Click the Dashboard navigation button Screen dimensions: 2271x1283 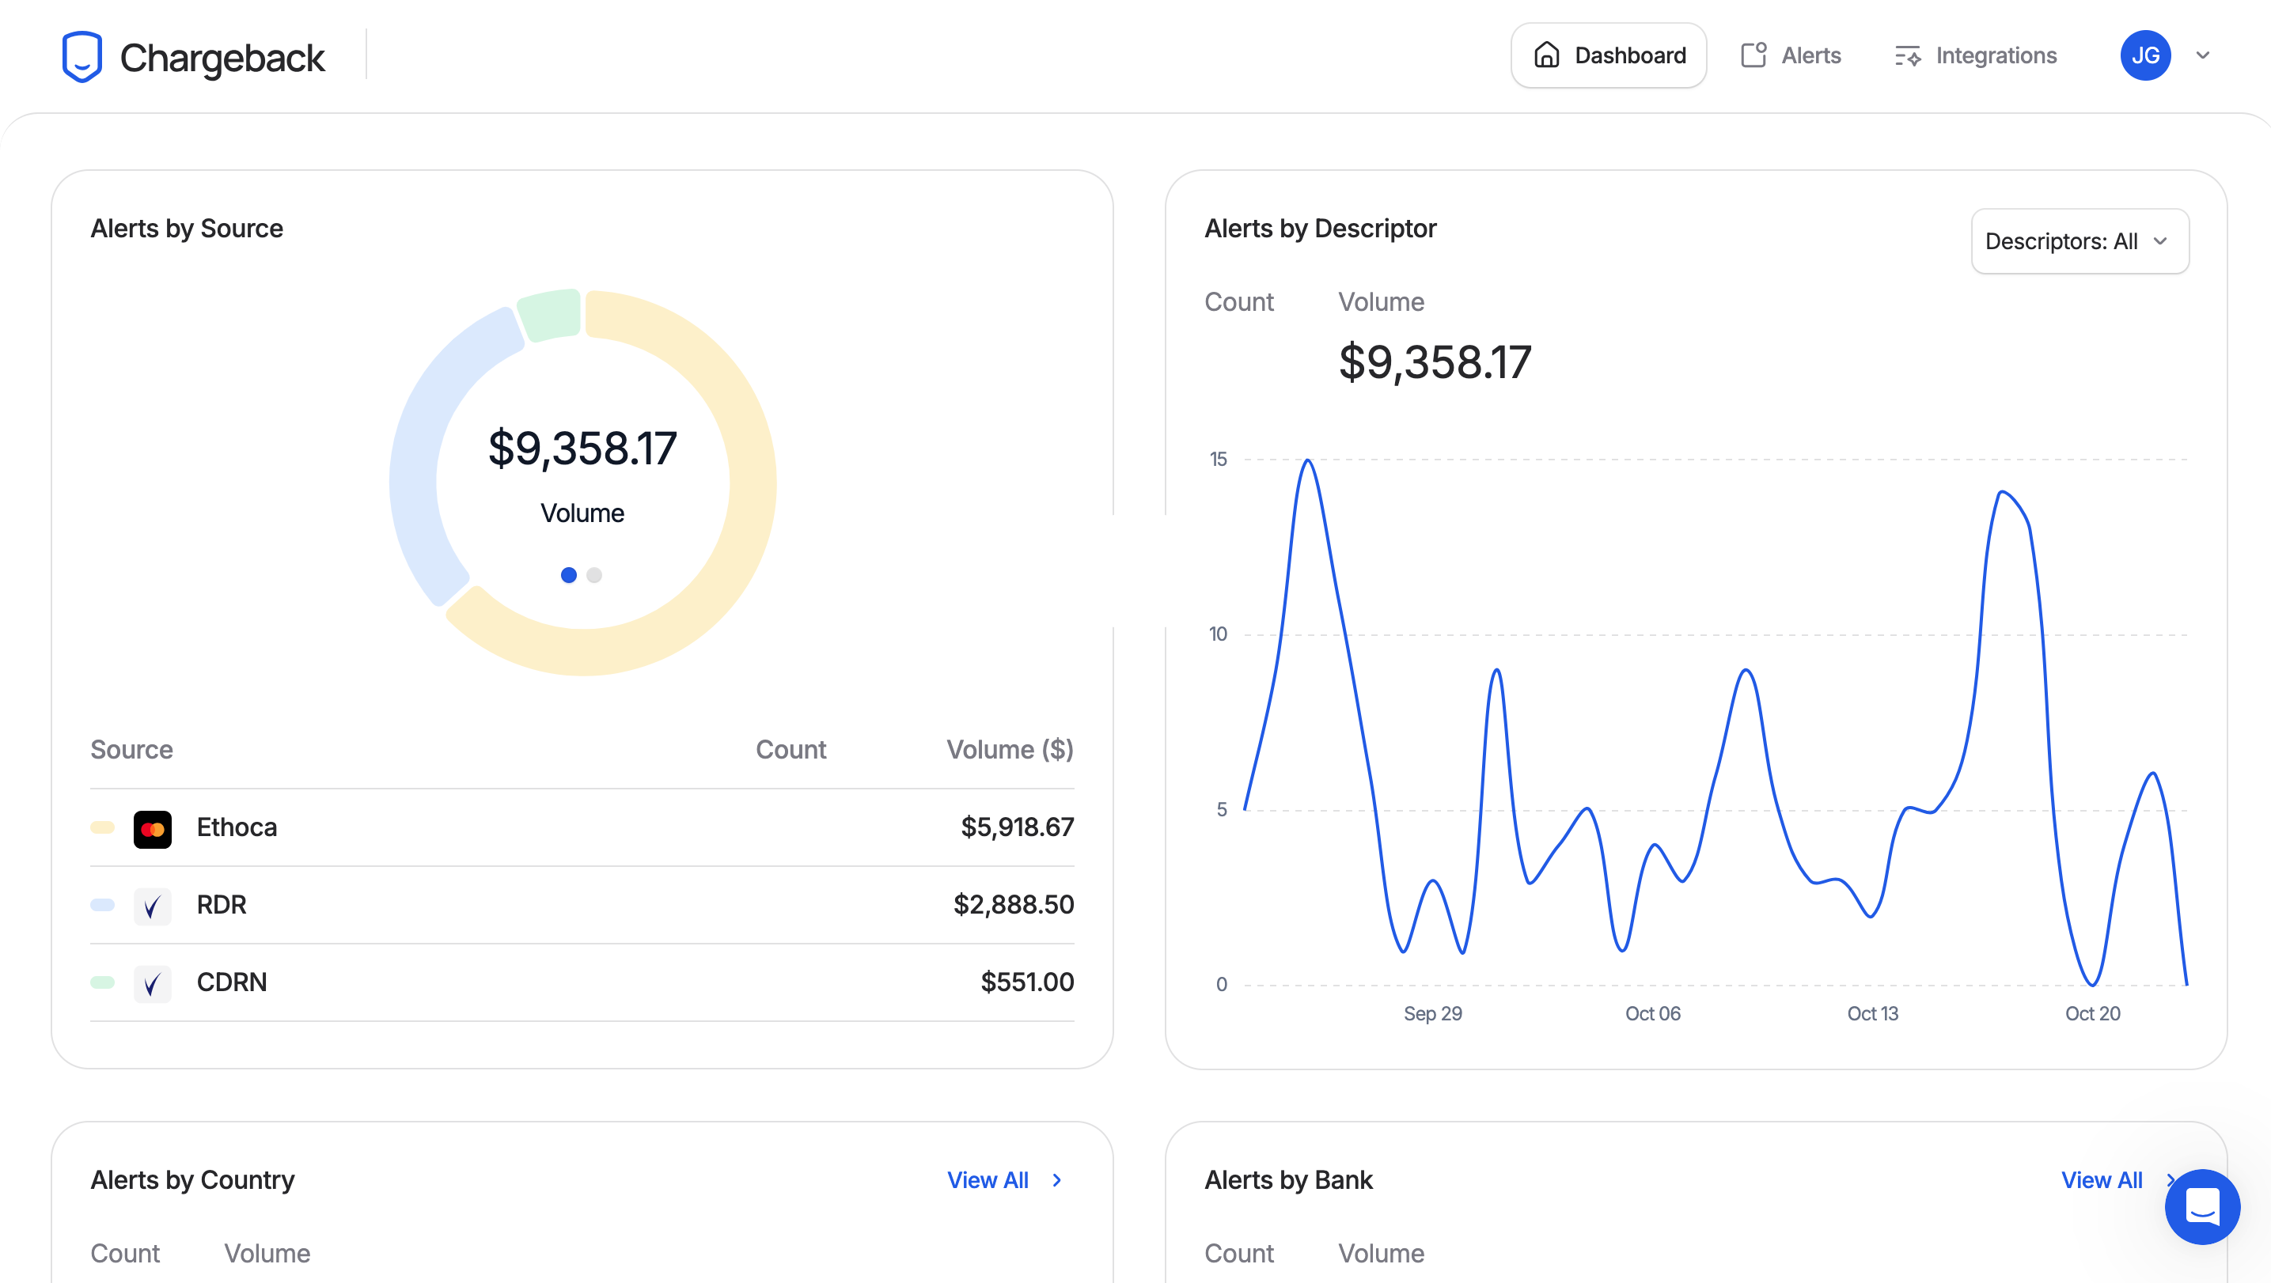(1608, 55)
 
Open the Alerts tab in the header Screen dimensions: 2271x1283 (1791, 55)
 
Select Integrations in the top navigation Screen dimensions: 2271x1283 (1975, 55)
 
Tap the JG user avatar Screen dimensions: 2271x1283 (2145, 55)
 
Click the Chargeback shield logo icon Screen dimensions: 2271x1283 (82, 57)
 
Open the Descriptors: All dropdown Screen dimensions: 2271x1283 (2080, 241)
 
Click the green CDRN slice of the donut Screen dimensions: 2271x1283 (549, 315)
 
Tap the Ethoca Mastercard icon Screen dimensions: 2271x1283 (153, 828)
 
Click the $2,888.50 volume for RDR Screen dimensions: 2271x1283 (1013, 905)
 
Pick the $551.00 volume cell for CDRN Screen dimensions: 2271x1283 (1027, 982)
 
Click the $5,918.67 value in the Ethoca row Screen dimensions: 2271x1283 (1017, 827)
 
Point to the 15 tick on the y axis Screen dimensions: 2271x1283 (1219, 459)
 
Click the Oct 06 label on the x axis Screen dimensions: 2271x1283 (1653, 1013)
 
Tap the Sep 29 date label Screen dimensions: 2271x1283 (1432, 1013)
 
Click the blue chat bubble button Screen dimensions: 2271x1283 (2202, 1206)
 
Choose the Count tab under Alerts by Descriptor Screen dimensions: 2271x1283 (1238, 302)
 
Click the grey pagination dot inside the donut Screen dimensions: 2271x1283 (594, 575)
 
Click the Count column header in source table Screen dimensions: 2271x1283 (790, 750)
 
